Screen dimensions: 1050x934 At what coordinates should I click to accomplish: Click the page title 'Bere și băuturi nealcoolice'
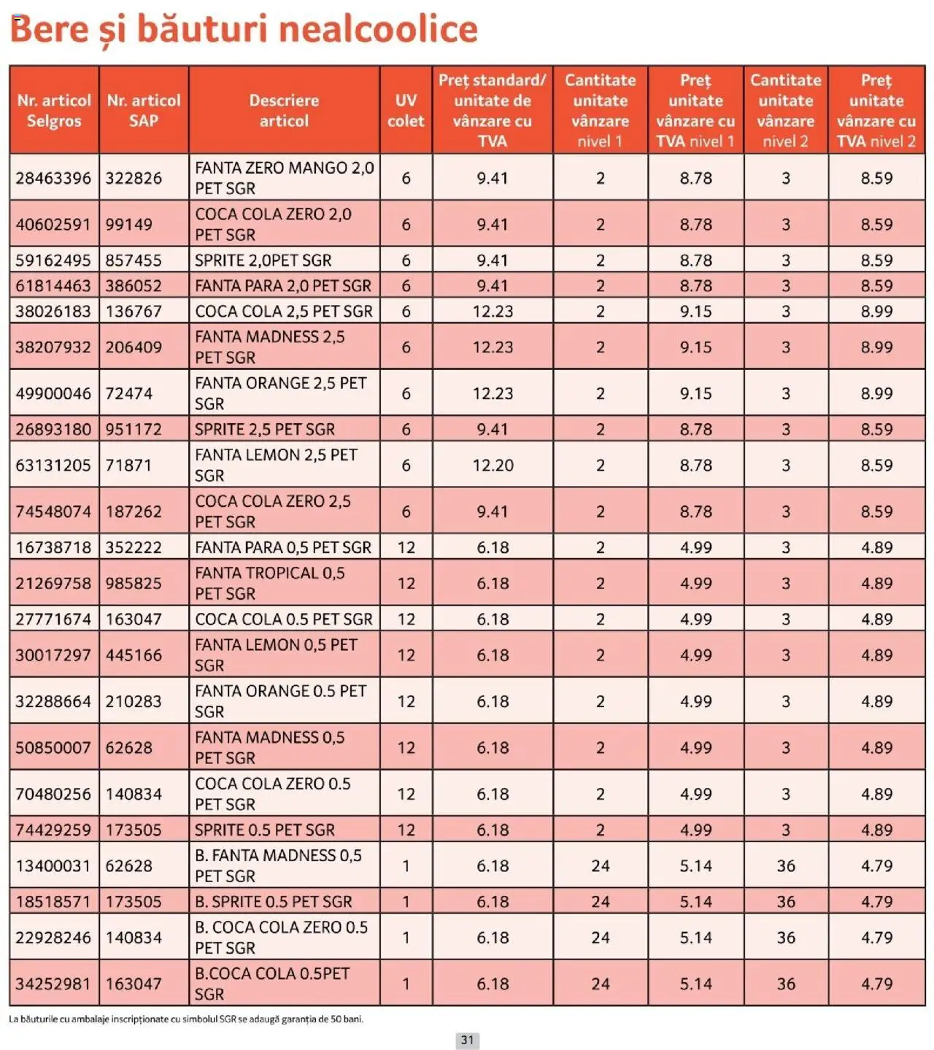click(244, 29)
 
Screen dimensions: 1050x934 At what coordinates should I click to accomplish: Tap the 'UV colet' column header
click(406, 110)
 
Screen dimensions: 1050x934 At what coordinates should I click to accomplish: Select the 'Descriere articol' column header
click(284, 110)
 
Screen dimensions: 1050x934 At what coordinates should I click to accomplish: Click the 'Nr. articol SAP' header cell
click(144, 110)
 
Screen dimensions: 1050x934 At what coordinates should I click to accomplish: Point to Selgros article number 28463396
click(53, 178)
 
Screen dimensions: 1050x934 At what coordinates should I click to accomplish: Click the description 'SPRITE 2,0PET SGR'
click(263, 260)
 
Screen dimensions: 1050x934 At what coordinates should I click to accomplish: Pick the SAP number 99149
click(129, 225)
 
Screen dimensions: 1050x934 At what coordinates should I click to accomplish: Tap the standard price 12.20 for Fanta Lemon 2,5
click(493, 466)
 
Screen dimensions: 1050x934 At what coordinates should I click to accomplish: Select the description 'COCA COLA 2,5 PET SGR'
click(283, 312)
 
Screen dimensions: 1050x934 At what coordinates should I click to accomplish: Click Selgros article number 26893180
click(53, 430)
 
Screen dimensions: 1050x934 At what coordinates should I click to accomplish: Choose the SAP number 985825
click(134, 584)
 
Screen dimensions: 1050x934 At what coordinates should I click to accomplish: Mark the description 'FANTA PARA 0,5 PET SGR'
click(282, 548)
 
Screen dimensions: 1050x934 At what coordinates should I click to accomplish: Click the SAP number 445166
click(134, 655)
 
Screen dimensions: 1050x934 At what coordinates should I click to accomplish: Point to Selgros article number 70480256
click(53, 794)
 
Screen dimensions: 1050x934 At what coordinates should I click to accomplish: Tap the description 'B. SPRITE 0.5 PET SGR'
click(273, 902)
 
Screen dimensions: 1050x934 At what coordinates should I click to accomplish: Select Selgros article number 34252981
click(53, 984)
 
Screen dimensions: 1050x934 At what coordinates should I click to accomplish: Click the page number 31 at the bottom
click(467, 1040)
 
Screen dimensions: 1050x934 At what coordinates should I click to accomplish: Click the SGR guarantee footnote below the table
click(186, 1019)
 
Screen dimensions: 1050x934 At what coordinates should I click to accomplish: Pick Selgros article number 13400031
click(53, 866)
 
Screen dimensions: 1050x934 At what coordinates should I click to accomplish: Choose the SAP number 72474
click(129, 394)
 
